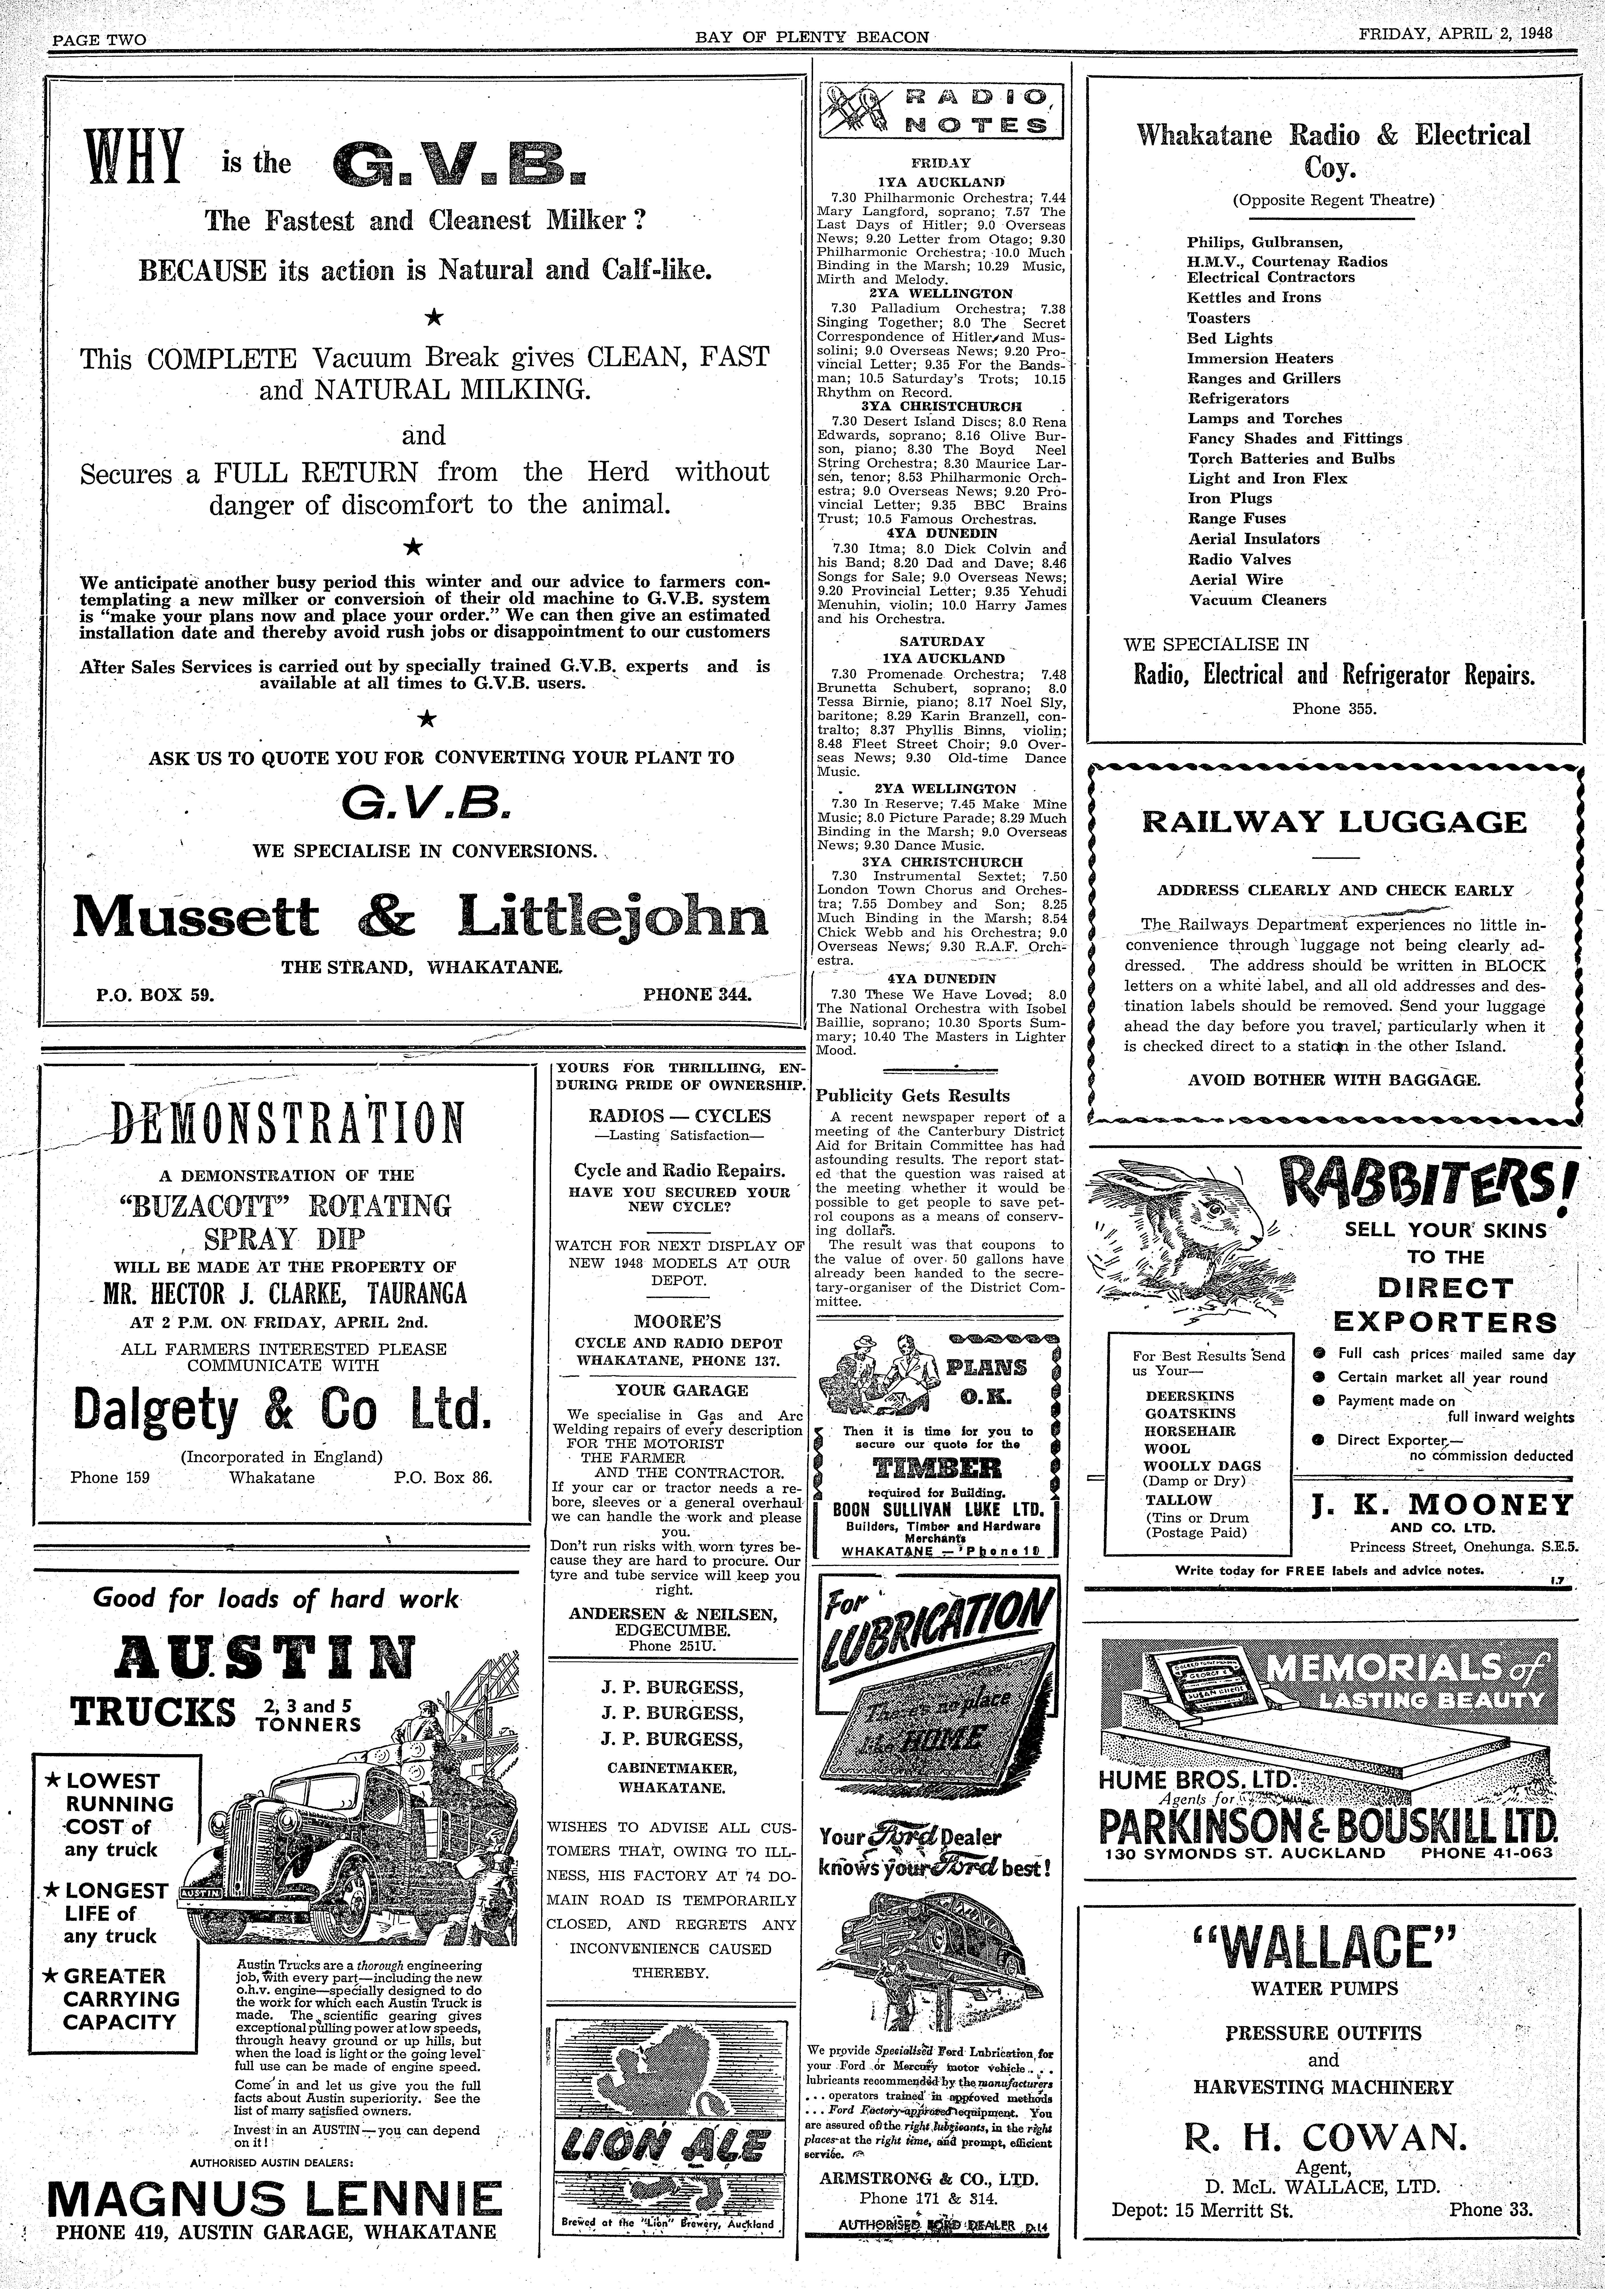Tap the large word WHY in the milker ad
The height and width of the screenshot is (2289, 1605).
point(134,160)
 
